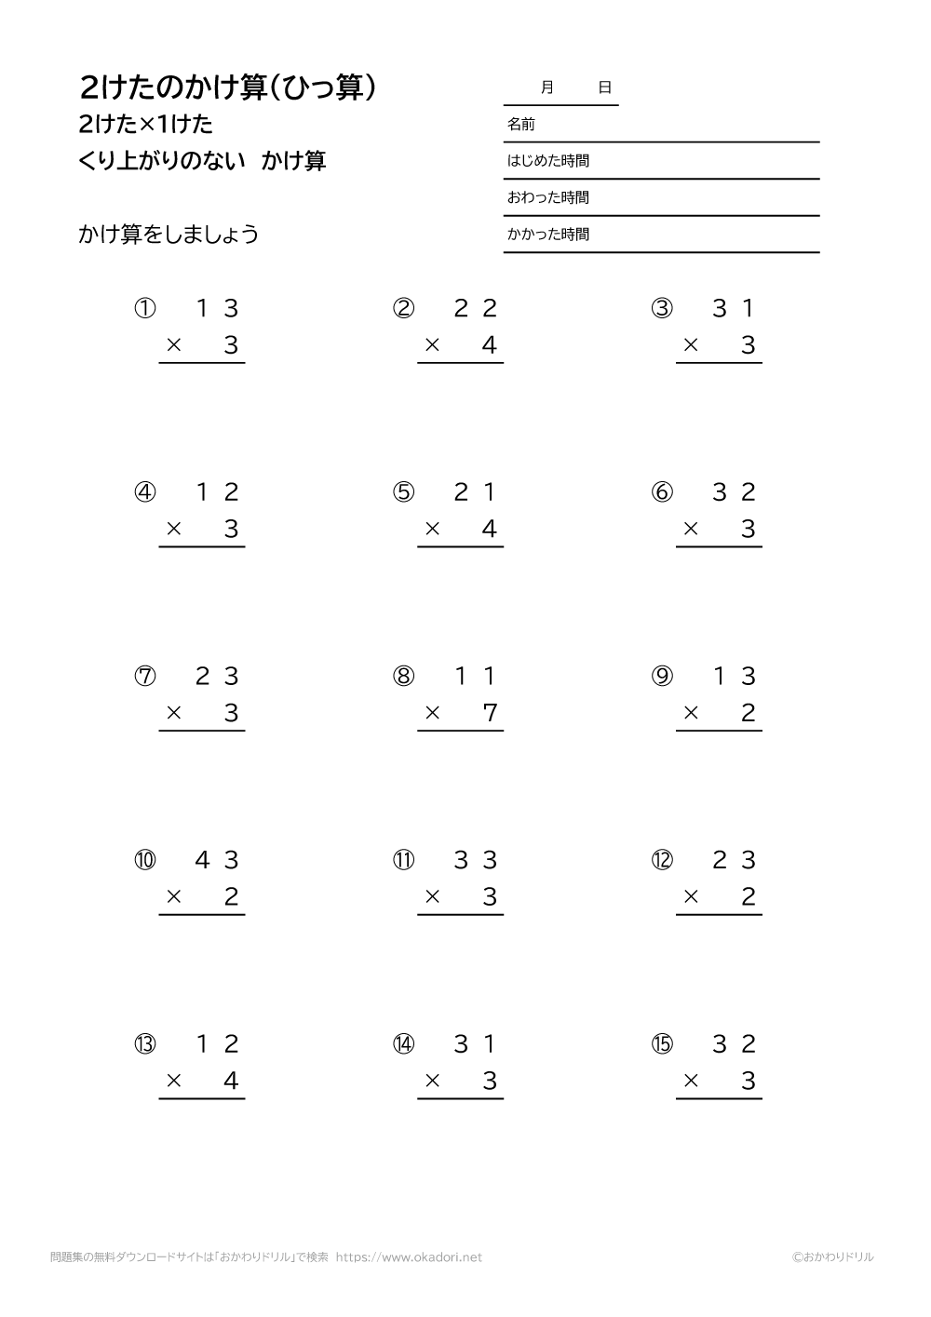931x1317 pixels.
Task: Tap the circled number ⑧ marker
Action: [403, 677]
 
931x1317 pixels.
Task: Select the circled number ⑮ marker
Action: [662, 1044]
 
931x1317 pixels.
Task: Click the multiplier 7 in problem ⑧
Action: [490, 713]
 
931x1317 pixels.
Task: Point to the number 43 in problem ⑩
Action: [217, 860]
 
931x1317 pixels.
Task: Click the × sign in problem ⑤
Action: [432, 529]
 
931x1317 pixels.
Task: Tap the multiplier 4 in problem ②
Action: [490, 345]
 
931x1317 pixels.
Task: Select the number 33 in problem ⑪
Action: [476, 860]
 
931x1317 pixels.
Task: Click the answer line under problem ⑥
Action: [719, 546]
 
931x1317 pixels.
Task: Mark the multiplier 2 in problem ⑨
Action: [749, 713]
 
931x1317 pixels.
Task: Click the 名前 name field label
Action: [520, 124]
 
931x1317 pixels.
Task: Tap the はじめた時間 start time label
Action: [547, 161]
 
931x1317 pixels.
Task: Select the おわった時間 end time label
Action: [547, 197]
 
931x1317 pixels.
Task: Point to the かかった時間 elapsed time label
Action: [547, 235]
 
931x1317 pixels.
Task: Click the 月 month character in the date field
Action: [547, 87]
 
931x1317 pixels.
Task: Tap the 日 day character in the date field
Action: [605, 87]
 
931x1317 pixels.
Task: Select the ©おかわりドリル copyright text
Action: [833, 1257]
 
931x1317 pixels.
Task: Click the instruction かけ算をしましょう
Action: [169, 235]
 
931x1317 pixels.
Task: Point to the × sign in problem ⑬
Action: [173, 1081]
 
